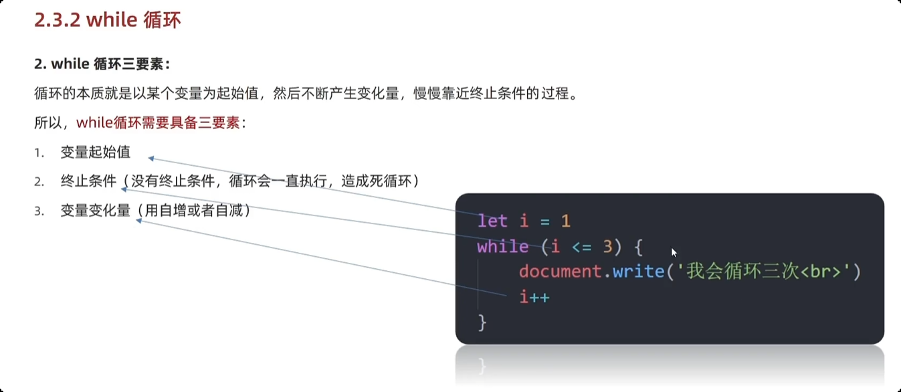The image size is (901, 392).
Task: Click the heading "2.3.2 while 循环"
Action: (x=108, y=20)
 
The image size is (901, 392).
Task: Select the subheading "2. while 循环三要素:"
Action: (x=102, y=64)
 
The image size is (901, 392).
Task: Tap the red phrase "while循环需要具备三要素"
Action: (x=158, y=122)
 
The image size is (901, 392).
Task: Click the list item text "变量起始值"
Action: (x=96, y=153)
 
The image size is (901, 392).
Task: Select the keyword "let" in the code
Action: (x=492, y=221)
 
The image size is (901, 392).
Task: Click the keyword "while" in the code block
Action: (x=502, y=246)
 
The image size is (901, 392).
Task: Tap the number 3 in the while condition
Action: (x=607, y=246)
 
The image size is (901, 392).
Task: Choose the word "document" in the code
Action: (x=560, y=272)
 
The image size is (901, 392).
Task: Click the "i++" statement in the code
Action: (x=534, y=296)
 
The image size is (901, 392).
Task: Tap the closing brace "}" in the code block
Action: (x=482, y=322)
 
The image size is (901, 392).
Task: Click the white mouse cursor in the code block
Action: (x=674, y=252)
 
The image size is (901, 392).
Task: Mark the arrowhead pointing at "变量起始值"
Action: (x=151, y=159)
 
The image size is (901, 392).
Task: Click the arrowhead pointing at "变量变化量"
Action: (x=139, y=220)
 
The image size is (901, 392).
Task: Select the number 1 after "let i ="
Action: (x=565, y=221)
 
